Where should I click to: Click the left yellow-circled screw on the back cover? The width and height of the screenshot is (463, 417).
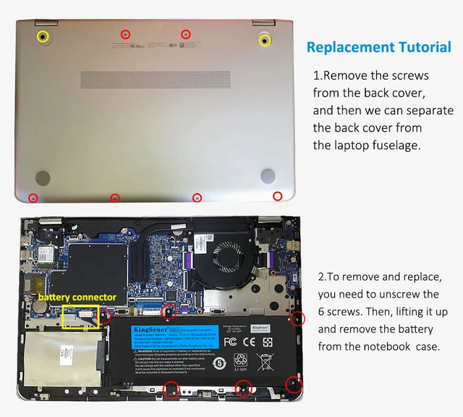point(43,36)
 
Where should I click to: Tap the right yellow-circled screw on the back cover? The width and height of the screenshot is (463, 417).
point(265,39)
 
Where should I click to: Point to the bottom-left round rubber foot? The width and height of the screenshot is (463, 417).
point(43,177)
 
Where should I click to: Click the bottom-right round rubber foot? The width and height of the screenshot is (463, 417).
point(268,175)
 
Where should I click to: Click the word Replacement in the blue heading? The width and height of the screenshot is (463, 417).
point(350,48)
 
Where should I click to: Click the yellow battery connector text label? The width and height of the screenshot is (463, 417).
point(77,298)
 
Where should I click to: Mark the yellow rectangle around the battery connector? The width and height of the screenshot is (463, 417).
point(81,316)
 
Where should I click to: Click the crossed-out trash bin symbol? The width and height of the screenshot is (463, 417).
point(264,361)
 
